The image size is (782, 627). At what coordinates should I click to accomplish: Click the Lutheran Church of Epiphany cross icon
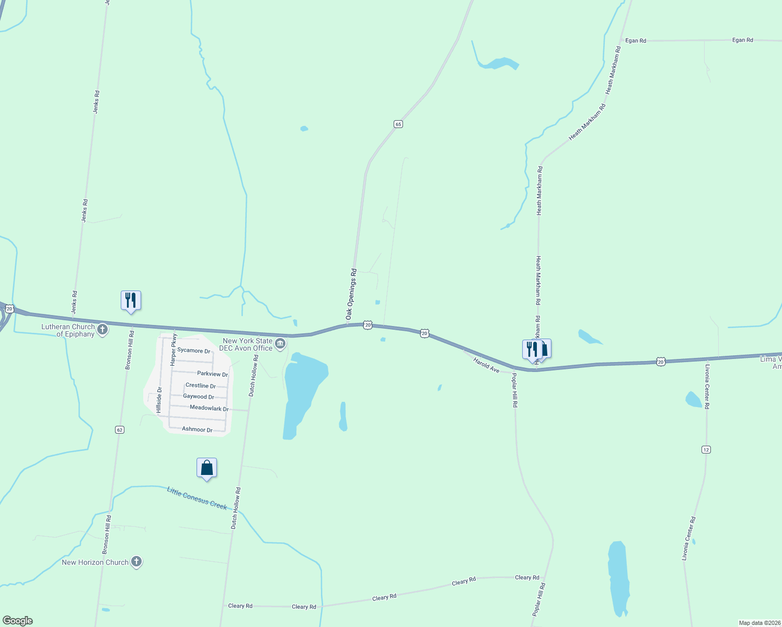tap(103, 330)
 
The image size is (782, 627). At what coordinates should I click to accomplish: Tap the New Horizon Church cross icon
tap(136, 562)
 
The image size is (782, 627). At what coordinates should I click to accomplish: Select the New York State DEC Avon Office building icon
tap(281, 343)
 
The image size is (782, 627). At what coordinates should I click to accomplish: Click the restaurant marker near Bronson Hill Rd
tap(131, 300)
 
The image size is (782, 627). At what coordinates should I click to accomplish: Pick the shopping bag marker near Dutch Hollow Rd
tap(206, 468)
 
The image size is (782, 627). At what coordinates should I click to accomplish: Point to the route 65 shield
tap(398, 124)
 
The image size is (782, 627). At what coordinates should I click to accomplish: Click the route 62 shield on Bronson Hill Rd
tap(120, 429)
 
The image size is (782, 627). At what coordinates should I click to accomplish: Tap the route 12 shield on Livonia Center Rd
tap(706, 449)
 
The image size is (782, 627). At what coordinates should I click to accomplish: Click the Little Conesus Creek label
tap(197, 498)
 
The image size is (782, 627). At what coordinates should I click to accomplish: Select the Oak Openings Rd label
tap(351, 294)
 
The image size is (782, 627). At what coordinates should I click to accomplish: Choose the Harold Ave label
tap(486, 365)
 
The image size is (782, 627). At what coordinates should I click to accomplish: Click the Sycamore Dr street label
tap(193, 351)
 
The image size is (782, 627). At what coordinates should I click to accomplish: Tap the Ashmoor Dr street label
tap(197, 429)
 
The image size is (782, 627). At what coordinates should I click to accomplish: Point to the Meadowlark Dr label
tap(209, 408)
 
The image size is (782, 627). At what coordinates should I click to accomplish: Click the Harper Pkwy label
tap(174, 349)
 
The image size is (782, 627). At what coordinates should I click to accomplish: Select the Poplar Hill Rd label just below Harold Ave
tap(514, 390)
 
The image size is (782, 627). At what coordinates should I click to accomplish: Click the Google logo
tap(18, 621)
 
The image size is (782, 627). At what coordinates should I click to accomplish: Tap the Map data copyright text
tap(759, 623)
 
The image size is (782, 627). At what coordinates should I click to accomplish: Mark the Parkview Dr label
tap(212, 374)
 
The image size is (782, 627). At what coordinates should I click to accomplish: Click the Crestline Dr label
tap(201, 386)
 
